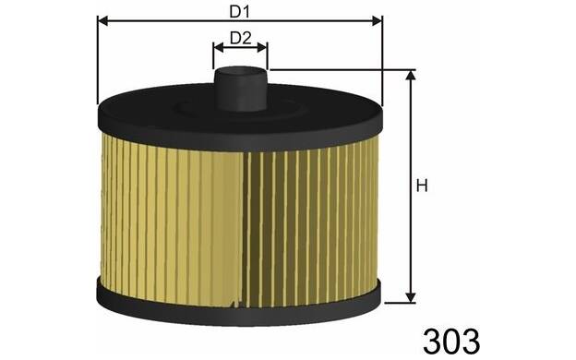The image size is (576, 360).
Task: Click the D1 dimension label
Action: pos(239,12)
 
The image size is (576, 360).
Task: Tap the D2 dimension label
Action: pos(241,38)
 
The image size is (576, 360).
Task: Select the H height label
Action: pos(422,186)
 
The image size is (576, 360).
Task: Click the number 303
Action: pos(451,342)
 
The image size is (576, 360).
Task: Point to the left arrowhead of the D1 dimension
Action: pos(102,21)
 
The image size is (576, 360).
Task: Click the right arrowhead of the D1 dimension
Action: pos(378,21)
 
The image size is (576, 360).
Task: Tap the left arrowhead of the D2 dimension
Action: pos(218,47)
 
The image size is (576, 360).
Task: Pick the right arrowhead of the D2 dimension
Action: pos(262,47)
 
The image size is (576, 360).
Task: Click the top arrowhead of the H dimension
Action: pos(411,76)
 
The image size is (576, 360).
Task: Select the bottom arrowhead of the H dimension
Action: pos(411,297)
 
